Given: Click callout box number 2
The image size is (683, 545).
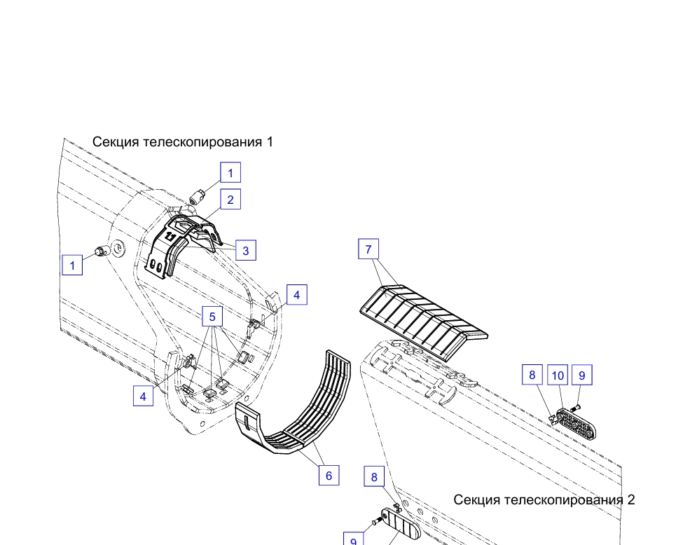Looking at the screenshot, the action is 230,199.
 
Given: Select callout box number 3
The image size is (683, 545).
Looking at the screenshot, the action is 246,250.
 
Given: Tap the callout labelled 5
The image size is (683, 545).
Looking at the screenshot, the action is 212,317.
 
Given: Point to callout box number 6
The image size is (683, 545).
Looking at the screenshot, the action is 329,475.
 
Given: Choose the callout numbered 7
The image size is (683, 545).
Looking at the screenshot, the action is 368,249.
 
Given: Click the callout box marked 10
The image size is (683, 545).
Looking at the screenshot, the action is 558,375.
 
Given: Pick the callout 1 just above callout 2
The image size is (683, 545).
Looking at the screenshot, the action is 230,172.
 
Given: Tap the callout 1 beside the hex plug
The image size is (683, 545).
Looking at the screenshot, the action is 72,265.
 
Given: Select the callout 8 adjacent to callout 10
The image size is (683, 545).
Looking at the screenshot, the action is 532,375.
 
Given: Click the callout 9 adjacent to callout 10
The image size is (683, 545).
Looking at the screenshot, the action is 582,375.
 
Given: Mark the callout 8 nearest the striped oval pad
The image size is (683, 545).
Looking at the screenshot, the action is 374,476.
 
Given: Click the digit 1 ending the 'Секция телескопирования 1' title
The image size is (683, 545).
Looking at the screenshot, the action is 270,142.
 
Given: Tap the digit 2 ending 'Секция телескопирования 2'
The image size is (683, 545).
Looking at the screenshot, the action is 631,499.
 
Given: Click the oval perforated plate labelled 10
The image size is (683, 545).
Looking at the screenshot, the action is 576,423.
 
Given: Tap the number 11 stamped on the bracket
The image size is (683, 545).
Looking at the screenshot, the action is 170,237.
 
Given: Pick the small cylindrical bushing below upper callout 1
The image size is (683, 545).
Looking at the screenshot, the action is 198,196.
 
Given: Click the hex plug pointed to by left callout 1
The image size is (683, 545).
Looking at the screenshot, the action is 100,251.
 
